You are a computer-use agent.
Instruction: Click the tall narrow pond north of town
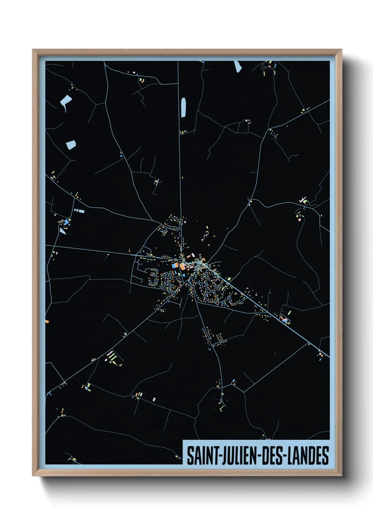[183, 107]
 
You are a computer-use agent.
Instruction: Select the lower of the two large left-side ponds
[71, 144]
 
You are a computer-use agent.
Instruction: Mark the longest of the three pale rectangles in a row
[81, 211]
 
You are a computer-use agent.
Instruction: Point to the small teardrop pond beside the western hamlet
[62, 231]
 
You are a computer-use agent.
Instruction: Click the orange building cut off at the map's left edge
[47, 321]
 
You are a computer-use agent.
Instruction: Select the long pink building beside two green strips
[110, 354]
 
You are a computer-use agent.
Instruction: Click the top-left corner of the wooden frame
[33, 50]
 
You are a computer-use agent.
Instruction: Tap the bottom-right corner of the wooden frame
[341, 475]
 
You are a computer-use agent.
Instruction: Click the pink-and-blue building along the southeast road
[285, 320]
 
